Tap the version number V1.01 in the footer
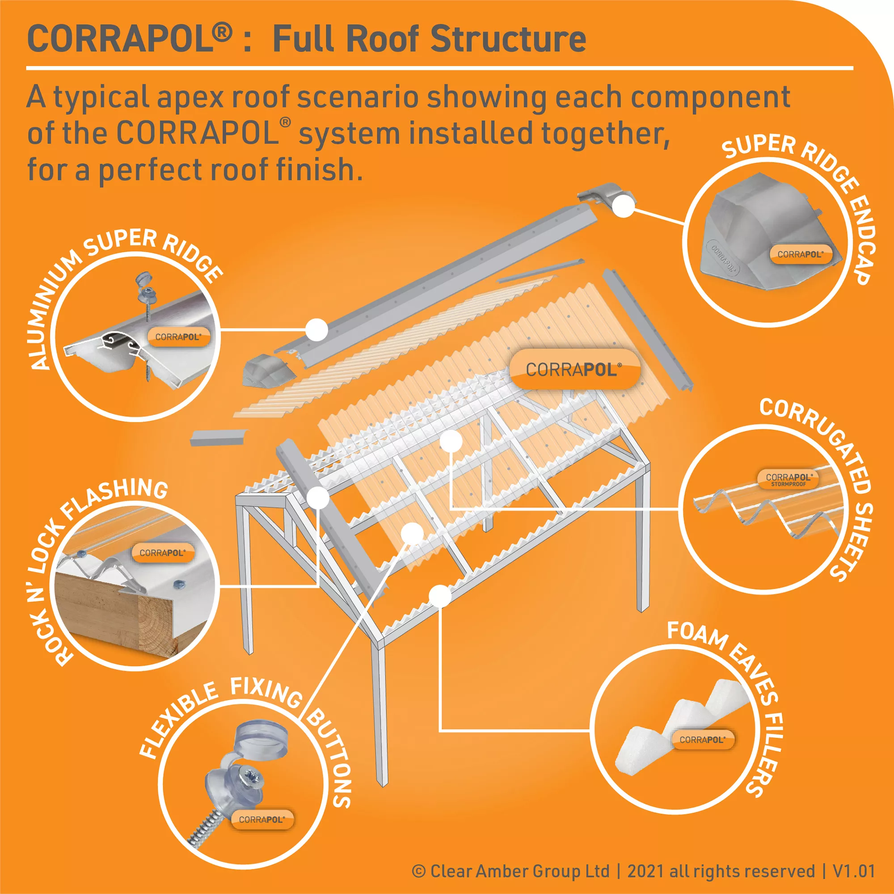point(854,871)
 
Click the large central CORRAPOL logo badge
point(574,370)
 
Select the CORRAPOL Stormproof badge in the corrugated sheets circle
point(788,479)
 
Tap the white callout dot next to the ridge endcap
point(624,206)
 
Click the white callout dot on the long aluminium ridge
point(317,330)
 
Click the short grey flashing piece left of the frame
point(218,437)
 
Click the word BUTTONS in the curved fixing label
point(332,759)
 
